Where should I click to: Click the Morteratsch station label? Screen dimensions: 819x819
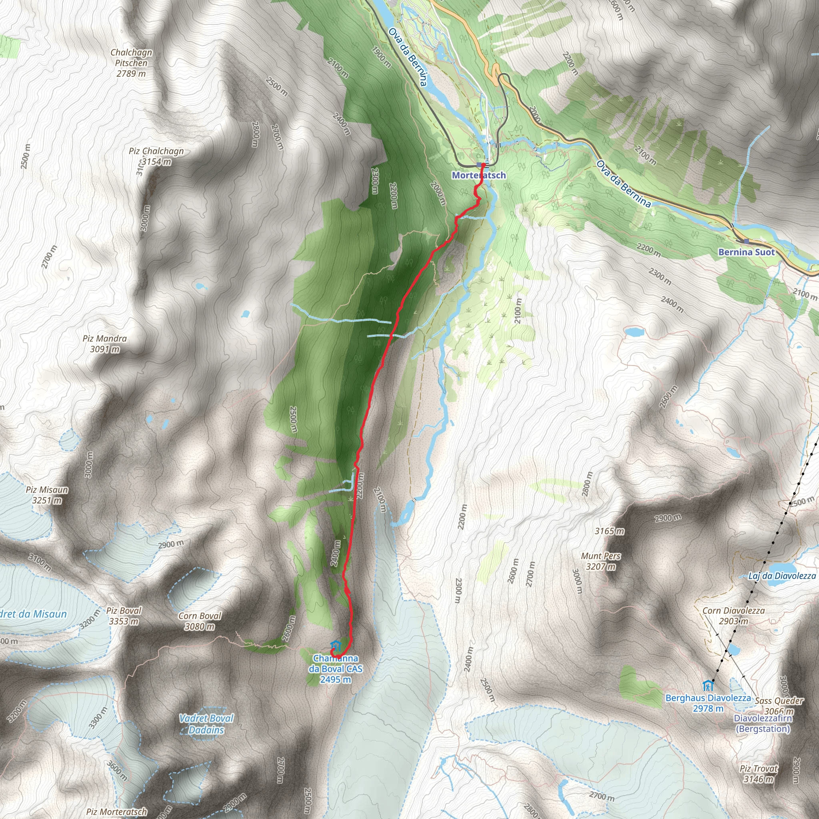tap(479, 175)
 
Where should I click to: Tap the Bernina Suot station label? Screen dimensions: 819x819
tap(746, 252)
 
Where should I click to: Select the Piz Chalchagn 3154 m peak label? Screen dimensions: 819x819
tap(156, 156)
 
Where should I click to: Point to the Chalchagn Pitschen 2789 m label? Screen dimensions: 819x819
tap(131, 63)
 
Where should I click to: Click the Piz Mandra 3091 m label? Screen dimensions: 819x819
tap(105, 344)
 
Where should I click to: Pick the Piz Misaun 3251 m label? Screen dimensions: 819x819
tap(47, 495)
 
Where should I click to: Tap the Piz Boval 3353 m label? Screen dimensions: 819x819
tap(124, 615)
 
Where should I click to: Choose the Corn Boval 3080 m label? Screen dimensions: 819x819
tap(200, 621)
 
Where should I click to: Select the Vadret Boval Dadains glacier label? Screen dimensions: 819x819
tap(206, 724)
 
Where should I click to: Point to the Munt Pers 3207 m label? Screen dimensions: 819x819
tap(601, 561)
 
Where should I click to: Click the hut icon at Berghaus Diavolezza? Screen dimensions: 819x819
tap(707, 685)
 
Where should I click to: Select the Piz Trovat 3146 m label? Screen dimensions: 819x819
tap(759, 774)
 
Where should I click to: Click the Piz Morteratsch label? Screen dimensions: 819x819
tap(117, 812)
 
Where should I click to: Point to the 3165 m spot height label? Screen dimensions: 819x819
tap(609, 531)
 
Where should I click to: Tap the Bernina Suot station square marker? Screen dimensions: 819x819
tap(746, 241)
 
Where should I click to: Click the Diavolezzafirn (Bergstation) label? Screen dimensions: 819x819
tap(763, 723)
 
